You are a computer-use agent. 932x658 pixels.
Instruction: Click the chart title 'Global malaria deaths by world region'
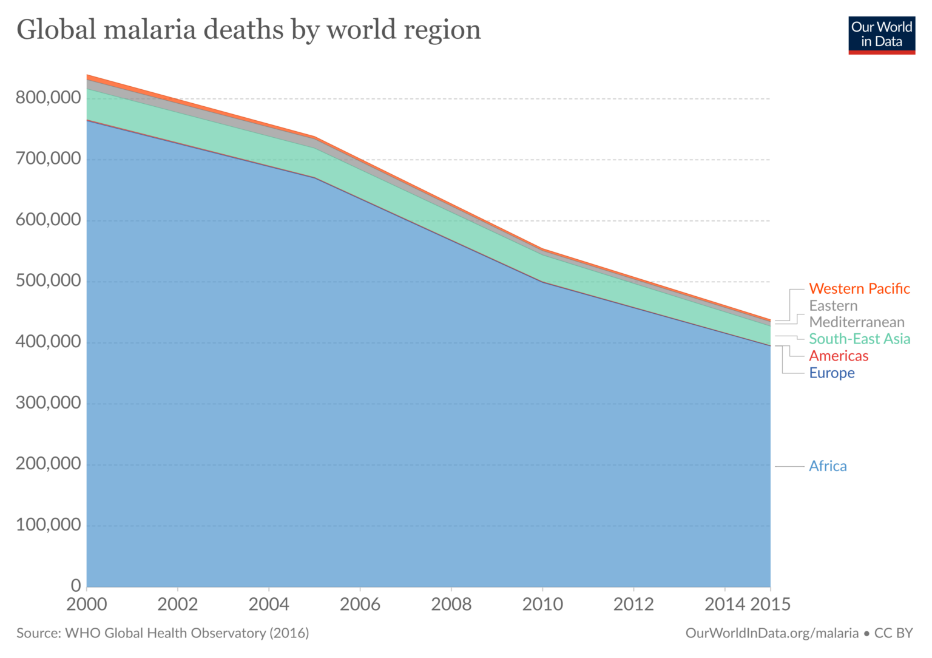point(249,30)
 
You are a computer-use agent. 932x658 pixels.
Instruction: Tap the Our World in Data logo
point(881,35)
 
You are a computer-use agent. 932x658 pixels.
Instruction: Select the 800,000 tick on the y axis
point(48,97)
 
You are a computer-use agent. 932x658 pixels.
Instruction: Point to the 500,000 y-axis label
point(48,280)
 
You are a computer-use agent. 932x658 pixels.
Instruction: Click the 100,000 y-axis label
point(48,524)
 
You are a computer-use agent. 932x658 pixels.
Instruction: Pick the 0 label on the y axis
point(76,586)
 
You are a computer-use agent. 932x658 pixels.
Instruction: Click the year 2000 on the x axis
point(87,605)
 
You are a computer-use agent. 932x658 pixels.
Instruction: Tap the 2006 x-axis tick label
point(360,605)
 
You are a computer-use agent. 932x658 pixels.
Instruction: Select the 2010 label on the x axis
point(542,605)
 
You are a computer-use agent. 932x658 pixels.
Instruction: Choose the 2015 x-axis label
point(771,605)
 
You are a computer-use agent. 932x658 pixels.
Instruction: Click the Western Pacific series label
point(859,289)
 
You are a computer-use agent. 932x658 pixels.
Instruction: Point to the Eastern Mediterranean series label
point(856,314)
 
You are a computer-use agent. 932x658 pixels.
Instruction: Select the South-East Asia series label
point(859,339)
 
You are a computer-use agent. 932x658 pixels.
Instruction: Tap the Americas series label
point(839,356)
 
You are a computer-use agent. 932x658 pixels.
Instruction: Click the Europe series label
point(831,373)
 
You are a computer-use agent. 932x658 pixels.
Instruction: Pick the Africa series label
point(828,466)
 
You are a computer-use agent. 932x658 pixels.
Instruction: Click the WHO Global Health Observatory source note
point(163,633)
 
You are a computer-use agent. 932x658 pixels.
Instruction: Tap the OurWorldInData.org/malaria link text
point(772,633)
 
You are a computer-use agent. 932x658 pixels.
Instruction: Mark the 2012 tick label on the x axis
point(633,605)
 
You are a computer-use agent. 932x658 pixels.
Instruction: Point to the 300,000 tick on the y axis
point(48,402)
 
